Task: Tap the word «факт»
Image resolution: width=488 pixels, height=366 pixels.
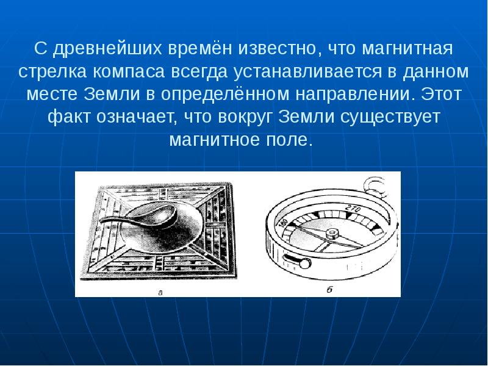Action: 68,117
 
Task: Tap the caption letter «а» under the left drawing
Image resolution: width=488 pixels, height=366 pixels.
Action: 160,292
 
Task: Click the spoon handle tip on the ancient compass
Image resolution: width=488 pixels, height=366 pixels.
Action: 103,221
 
